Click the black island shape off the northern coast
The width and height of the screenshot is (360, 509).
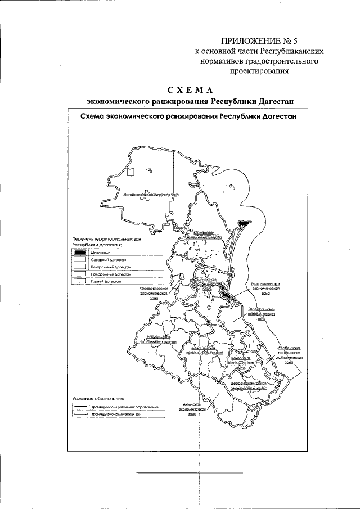click(x=243, y=223)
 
